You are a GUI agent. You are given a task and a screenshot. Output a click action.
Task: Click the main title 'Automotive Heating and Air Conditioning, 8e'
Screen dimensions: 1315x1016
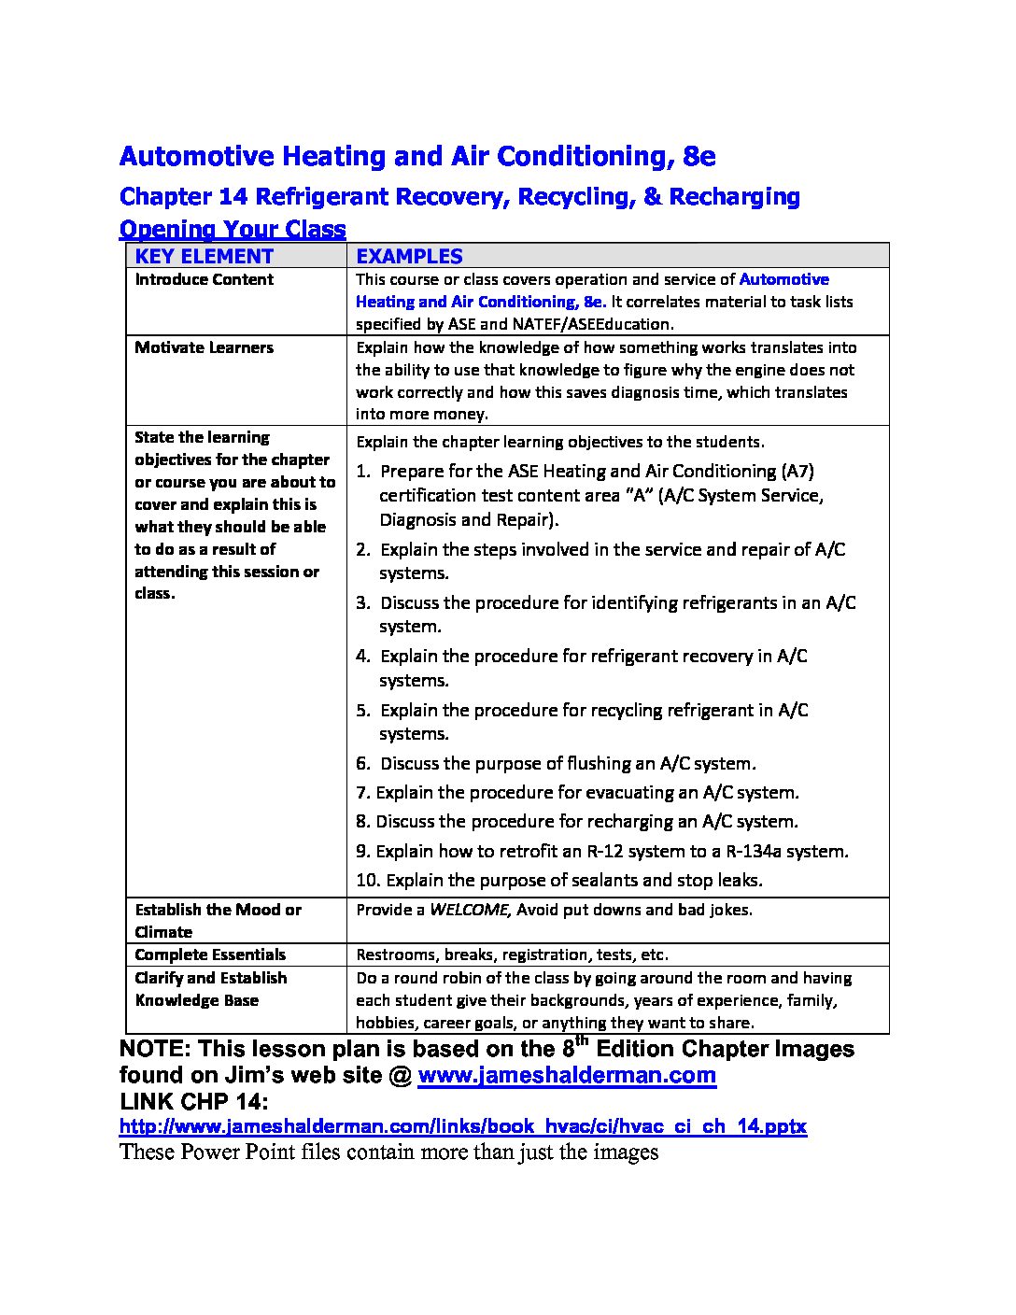[417, 156]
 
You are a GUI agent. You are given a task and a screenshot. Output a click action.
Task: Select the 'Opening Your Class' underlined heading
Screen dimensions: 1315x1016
[233, 229]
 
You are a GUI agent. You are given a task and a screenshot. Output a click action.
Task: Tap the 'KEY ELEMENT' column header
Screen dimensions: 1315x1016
[204, 256]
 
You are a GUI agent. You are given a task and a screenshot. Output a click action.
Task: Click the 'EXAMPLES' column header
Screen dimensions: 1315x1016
[409, 256]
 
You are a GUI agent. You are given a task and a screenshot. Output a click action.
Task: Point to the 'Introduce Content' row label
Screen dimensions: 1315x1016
[204, 279]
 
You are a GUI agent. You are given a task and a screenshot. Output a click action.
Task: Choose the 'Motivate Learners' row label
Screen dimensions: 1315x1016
[204, 347]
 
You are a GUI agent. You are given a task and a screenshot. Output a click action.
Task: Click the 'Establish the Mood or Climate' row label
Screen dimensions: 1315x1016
[218, 920]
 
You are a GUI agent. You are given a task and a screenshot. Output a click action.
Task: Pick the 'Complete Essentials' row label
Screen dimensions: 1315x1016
[210, 954]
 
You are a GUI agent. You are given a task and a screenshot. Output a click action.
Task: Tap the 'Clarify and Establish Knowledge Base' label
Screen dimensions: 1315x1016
[210, 988]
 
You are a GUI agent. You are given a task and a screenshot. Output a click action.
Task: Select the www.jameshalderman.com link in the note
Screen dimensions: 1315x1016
[567, 1075]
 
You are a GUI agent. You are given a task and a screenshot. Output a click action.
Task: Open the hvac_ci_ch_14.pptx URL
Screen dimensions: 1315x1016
[462, 1126]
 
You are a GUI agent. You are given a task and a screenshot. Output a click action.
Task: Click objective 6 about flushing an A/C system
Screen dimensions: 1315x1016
[556, 764]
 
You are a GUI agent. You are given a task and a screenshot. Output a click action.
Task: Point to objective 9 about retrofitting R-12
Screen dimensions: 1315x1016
[602, 852]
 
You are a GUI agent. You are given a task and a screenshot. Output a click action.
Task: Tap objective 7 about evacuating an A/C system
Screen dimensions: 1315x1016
[577, 793]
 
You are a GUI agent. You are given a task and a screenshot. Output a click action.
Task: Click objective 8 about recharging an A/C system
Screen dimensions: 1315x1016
[577, 822]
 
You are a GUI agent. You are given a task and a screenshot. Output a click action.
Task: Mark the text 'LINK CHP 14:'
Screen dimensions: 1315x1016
[193, 1101]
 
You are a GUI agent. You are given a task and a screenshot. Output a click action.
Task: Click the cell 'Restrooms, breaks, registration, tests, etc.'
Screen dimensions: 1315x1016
[512, 954]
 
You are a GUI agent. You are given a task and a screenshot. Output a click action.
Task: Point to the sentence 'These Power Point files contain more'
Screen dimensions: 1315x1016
[388, 1152]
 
